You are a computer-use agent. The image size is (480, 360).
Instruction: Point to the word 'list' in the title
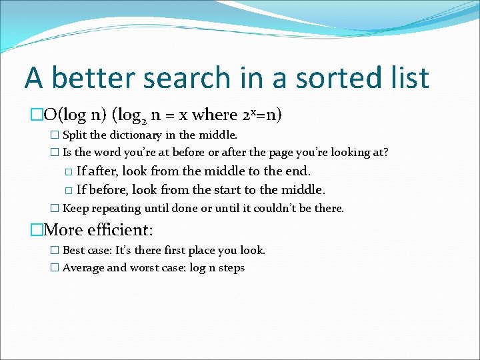point(406,78)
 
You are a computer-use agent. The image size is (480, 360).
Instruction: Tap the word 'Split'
point(74,136)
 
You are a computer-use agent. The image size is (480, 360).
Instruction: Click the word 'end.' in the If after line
point(298,171)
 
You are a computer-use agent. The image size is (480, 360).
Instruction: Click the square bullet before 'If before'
point(69,189)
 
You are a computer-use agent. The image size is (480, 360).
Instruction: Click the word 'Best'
point(74,251)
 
